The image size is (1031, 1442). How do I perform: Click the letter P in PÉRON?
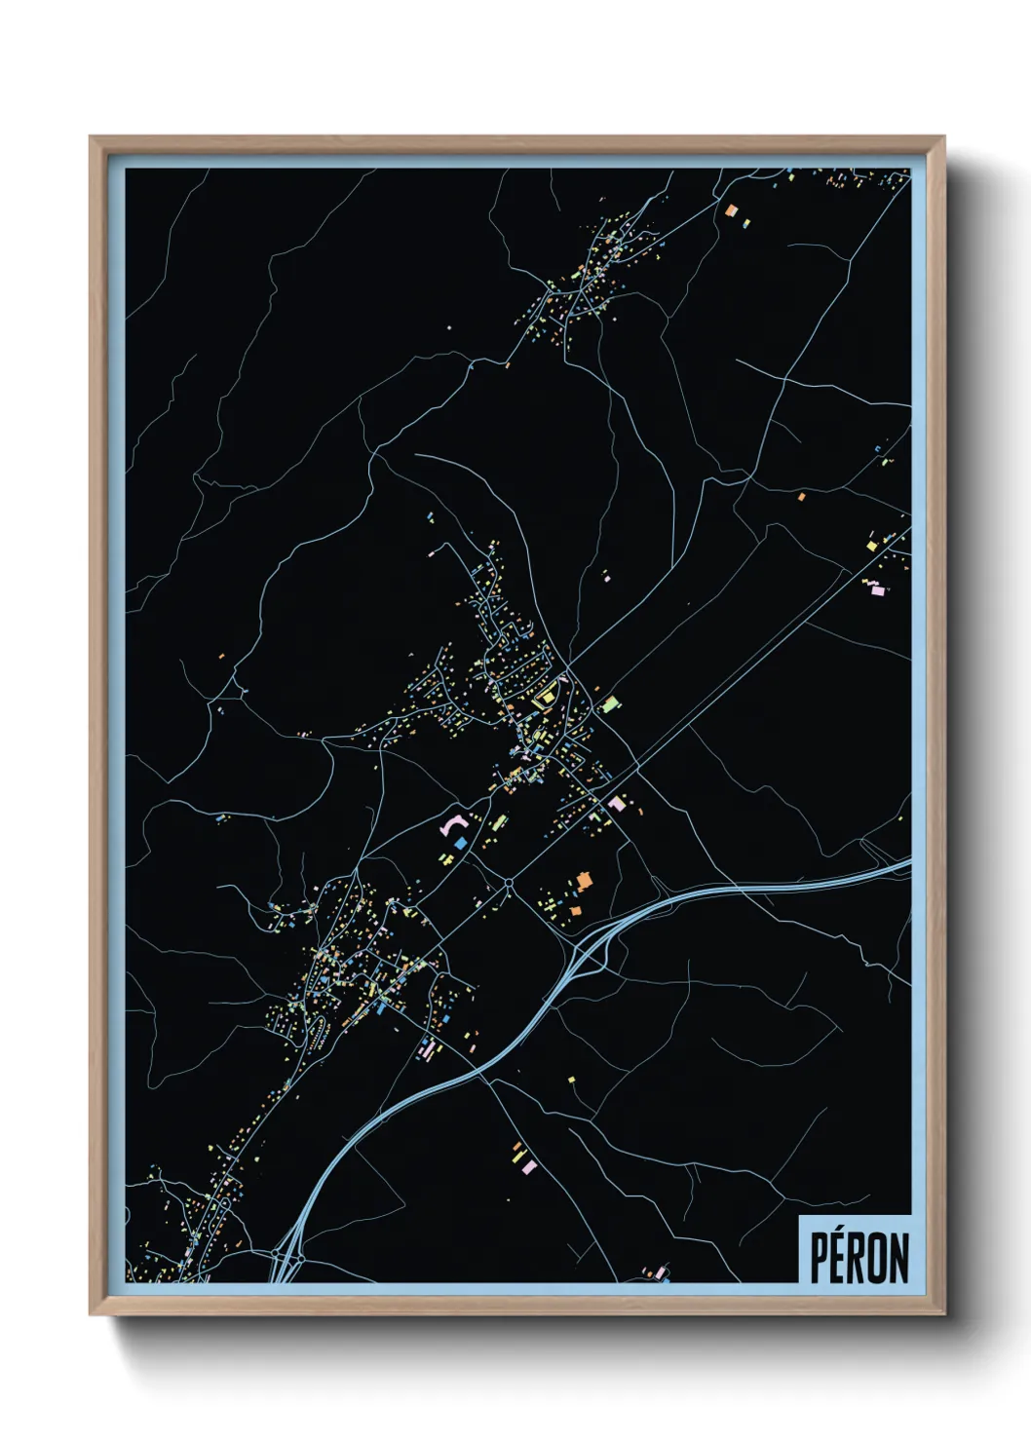tap(821, 1258)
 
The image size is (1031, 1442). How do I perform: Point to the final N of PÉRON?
tap(901, 1258)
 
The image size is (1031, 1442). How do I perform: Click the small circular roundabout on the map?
tap(509, 884)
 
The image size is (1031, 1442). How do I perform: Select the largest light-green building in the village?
tap(610, 702)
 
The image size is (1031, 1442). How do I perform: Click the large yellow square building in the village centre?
tap(545, 695)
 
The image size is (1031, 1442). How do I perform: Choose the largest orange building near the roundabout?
tap(584, 881)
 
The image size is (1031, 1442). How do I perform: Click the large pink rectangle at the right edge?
tap(876, 589)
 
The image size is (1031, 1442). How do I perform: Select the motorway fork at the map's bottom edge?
tap(286, 1267)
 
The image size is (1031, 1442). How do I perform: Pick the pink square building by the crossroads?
tap(616, 804)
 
